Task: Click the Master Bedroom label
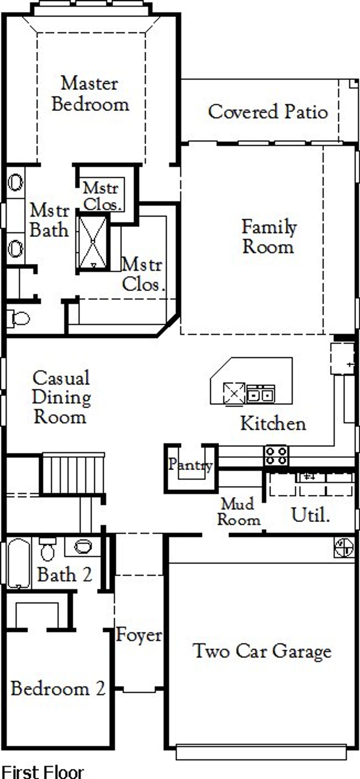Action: click(x=90, y=94)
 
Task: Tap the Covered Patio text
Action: click(x=268, y=112)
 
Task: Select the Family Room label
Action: click(x=268, y=237)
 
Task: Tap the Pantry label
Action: click(x=190, y=464)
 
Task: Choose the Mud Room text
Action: click(x=238, y=512)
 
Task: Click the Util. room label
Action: click(x=310, y=515)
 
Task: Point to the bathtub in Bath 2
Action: click(x=19, y=563)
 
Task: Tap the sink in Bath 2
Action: click(x=83, y=546)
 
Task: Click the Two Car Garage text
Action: click(x=262, y=651)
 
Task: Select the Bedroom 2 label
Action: click(x=58, y=689)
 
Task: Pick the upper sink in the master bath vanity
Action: click(x=15, y=183)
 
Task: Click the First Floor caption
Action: click(x=42, y=771)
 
